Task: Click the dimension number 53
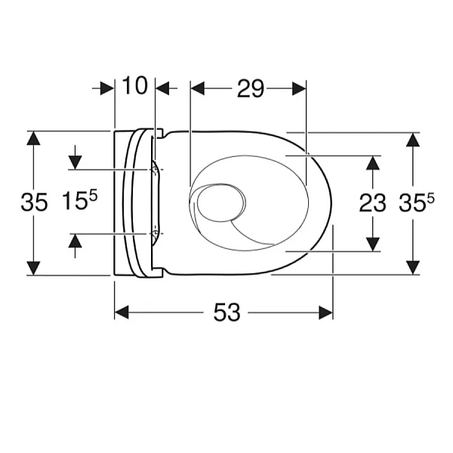tap(226, 313)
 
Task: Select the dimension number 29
tap(251, 88)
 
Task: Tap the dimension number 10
tap(134, 85)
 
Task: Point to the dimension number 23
tap(373, 203)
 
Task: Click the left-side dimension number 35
tap(34, 202)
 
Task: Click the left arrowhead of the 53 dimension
tap(122, 313)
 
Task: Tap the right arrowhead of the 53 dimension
tap(325, 313)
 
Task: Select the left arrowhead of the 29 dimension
tap(198, 88)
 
